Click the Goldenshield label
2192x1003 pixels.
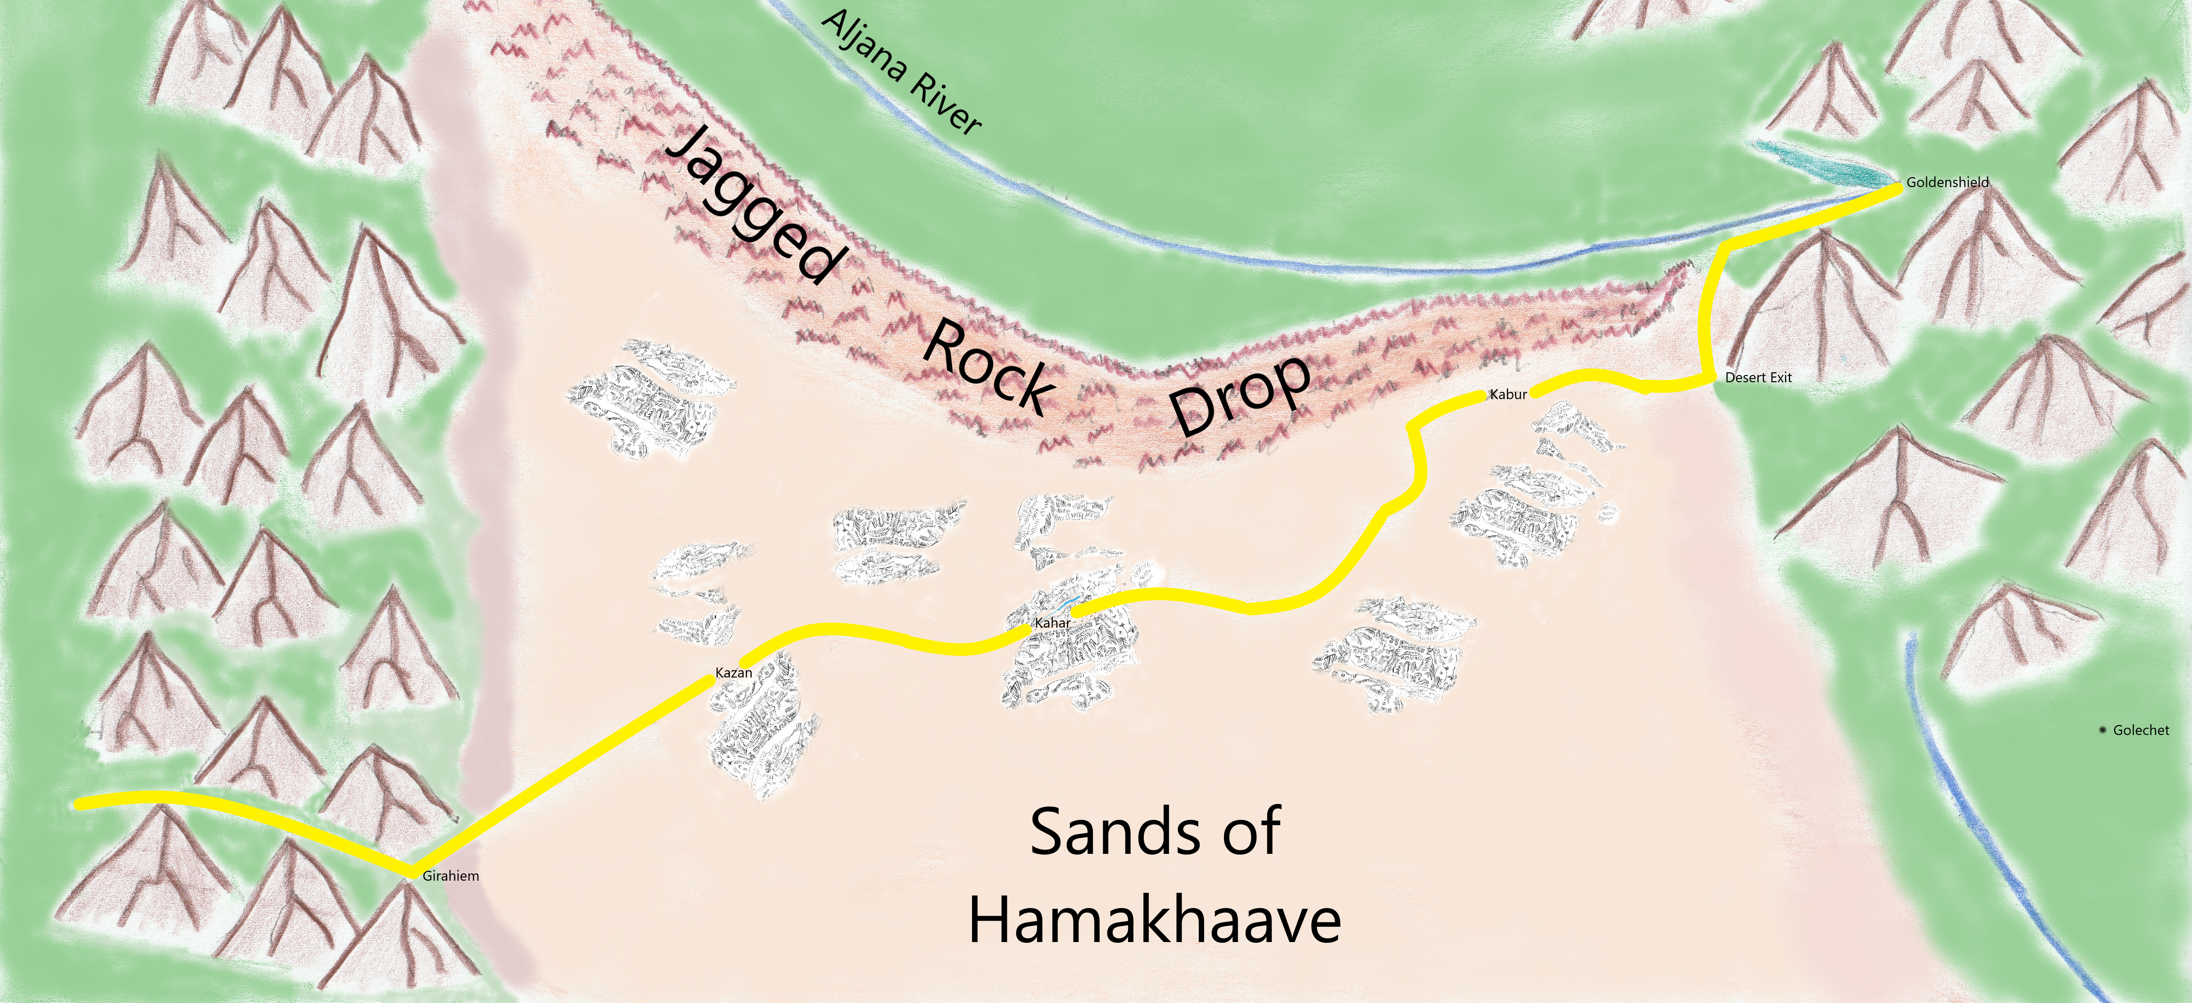point(1947,182)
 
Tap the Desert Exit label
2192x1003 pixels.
point(1758,378)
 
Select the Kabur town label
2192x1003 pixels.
point(1508,395)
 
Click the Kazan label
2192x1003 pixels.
point(733,673)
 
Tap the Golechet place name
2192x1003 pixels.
point(2141,730)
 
